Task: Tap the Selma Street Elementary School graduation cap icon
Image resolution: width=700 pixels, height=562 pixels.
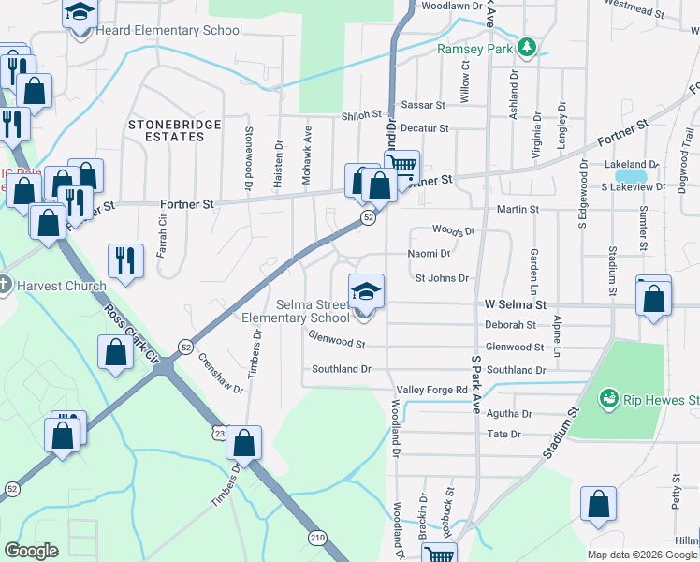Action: [366, 291]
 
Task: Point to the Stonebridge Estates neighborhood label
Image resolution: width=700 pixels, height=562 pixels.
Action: [167, 130]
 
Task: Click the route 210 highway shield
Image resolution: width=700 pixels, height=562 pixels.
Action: [316, 537]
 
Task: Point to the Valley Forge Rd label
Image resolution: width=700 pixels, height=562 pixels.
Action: [431, 390]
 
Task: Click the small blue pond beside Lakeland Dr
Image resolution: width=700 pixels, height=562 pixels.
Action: [633, 175]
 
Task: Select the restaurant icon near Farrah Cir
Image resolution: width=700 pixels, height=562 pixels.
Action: [124, 261]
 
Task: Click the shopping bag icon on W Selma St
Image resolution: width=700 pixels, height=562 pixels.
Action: [654, 300]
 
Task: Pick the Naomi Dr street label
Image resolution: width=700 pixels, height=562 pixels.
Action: [430, 254]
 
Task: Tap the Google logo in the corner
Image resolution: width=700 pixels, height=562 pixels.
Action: [31, 551]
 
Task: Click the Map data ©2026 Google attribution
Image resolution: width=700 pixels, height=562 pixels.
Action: [641, 555]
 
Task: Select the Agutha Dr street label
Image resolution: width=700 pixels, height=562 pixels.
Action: [510, 413]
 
